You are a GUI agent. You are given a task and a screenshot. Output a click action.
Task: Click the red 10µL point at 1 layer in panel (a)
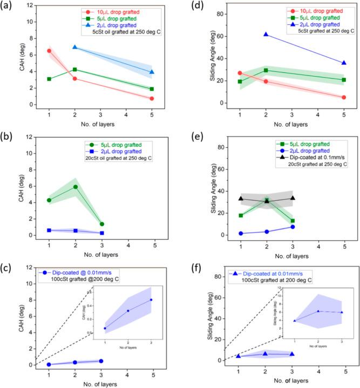pyautogui.click(x=49, y=51)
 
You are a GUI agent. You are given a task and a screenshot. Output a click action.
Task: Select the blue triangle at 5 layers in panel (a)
pyautogui.click(x=152, y=72)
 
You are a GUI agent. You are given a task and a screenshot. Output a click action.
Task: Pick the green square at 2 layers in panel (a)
pyautogui.click(x=74, y=70)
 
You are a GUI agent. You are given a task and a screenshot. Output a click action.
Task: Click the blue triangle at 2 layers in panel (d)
pyautogui.click(x=266, y=35)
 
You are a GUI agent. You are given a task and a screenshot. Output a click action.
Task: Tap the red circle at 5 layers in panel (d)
pyautogui.click(x=344, y=97)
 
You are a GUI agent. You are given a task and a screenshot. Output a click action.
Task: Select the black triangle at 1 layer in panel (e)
pyautogui.click(x=241, y=199)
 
